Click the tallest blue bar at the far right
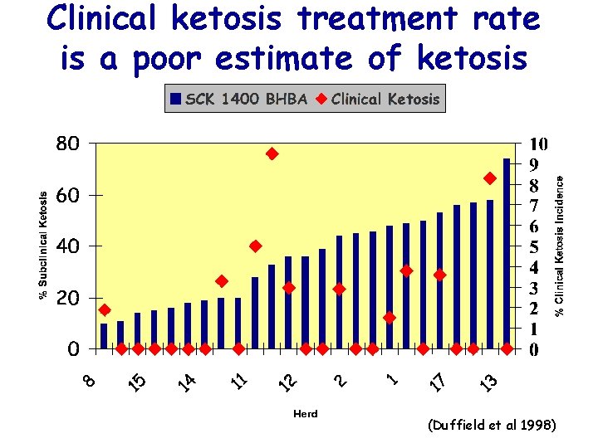point(507,253)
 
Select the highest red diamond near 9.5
point(272,153)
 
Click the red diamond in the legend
point(321,100)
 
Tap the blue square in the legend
point(175,100)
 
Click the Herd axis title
point(306,413)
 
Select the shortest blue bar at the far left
point(104,336)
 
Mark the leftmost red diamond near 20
point(104,309)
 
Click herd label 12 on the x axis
point(288,382)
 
